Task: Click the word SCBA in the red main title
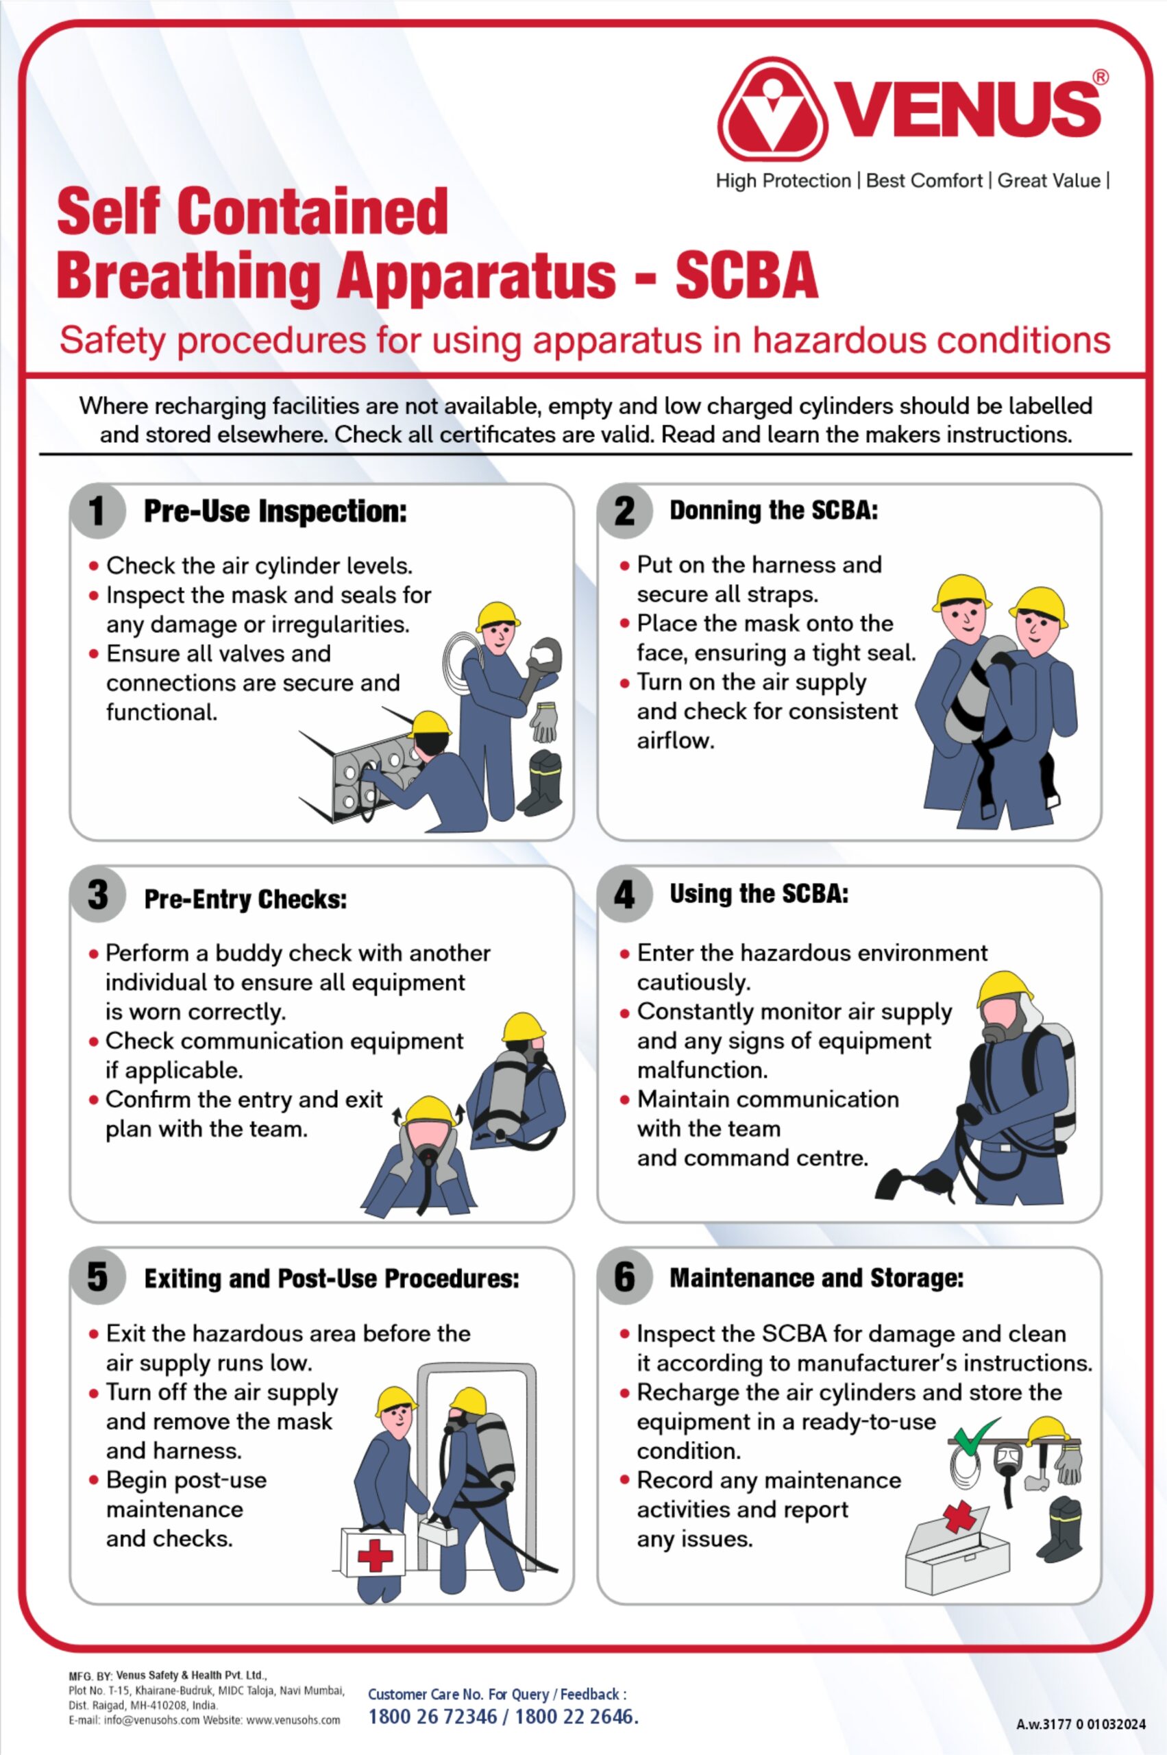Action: (746, 276)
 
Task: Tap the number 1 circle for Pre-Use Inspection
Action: (97, 511)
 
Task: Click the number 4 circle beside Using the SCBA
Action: (624, 894)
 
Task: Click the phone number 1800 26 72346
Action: (432, 1717)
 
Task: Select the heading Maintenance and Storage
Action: (815, 1279)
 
